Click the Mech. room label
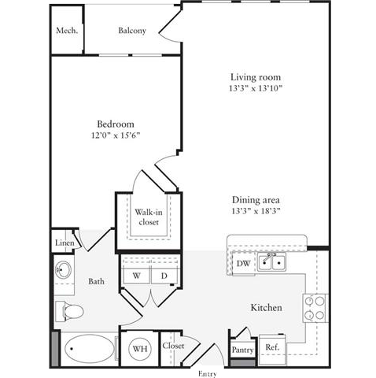click(x=67, y=31)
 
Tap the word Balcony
click(x=132, y=31)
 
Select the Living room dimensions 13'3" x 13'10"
click(x=256, y=88)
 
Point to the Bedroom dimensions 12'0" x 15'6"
click(x=116, y=135)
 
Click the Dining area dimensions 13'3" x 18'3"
click(x=256, y=211)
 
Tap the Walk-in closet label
click(x=149, y=217)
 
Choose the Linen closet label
click(x=65, y=243)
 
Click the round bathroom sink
click(x=63, y=270)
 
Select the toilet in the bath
click(x=69, y=311)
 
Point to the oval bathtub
click(x=90, y=348)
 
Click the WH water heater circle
click(x=140, y=349)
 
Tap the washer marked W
click(x=136, y=276)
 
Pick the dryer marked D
click(x=164, y=276)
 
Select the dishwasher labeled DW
click(x=243, y=263)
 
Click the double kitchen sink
click(x=271, y=261)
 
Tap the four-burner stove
click(x=315, y=308)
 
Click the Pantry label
click(x=242, y=350)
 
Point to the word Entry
click(x=208, y=374)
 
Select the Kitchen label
click(x=266, y=307)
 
